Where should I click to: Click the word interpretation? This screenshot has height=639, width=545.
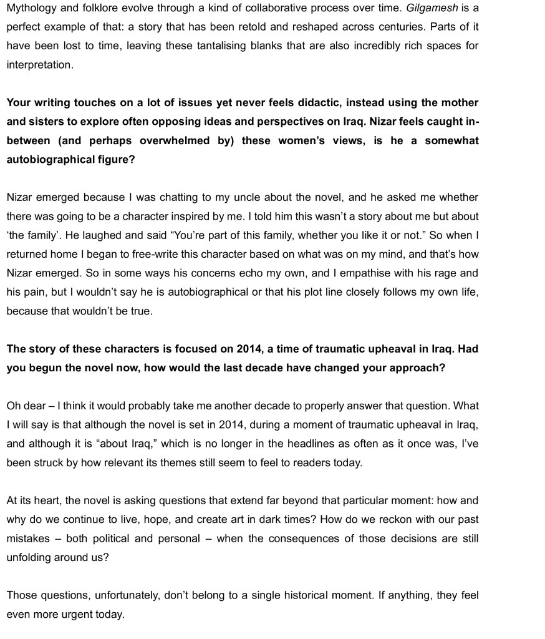coord(39,65)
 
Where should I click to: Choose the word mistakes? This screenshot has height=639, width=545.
coord(31,539)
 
